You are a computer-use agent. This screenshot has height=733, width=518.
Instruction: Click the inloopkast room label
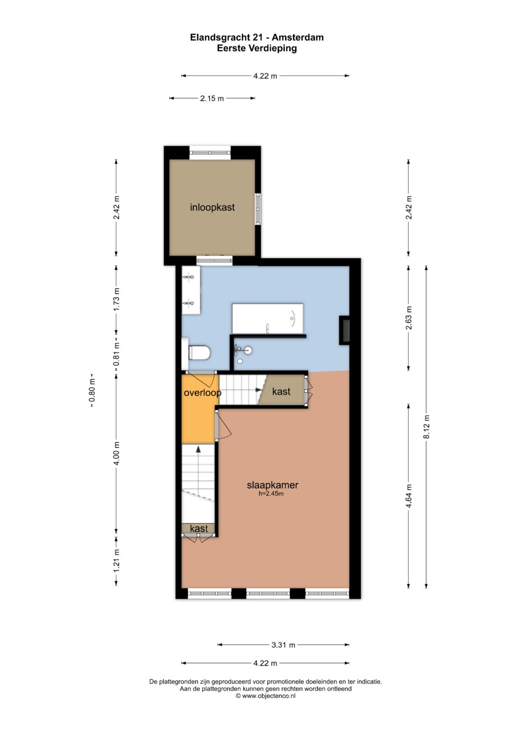[212, 207]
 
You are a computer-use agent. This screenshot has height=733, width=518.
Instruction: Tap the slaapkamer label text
[272, 485]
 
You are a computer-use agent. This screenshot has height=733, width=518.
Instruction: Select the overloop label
[202, 393]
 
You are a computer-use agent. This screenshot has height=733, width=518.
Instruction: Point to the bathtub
[268, 318]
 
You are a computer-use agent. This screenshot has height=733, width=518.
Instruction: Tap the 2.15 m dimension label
[212, 98]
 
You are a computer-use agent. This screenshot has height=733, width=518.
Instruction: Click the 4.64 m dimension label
[409, 496]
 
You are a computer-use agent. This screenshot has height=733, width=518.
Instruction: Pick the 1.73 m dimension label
[117, 299]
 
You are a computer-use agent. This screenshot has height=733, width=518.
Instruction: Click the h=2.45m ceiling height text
[271, 493]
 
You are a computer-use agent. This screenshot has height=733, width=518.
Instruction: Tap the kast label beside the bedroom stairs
[281, 391]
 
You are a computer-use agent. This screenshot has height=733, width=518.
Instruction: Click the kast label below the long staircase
[199, 529]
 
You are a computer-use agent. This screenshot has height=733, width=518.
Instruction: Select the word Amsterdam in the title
[297, 37]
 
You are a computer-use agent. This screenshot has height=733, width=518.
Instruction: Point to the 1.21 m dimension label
[117, 561]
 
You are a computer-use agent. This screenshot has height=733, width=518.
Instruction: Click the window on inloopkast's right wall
[258, 209]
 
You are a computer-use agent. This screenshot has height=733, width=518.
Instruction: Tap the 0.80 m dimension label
[93, 390]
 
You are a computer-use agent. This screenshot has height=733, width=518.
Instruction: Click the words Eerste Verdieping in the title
[257, 48]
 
